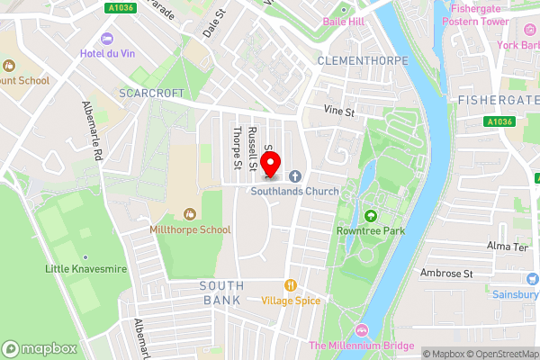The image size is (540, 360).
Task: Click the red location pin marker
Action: coord(270,164)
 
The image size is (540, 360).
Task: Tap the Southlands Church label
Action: coord(293,191)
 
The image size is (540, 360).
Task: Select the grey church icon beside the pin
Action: coord(294,176)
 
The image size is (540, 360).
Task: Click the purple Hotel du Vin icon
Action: coord(108,40)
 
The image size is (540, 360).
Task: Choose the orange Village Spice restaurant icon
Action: coord(290,284)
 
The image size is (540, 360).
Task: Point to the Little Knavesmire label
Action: coord(85,269)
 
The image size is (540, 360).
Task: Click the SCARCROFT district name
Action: coord(150,93)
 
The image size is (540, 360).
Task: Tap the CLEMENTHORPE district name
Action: coord(363,60)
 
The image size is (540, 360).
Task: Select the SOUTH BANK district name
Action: coord(220,292)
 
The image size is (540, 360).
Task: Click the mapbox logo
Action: coord(39,348)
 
